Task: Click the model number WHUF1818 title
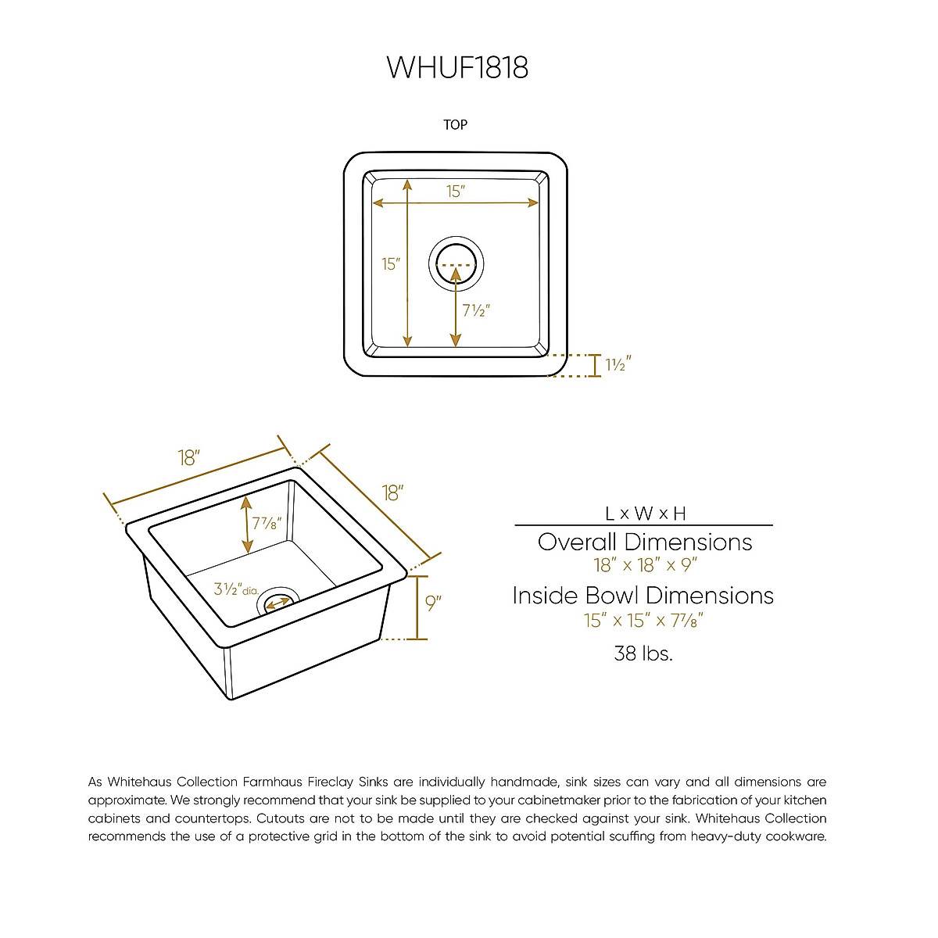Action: [x=457, y=67]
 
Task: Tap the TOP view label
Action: [x=455, y=125]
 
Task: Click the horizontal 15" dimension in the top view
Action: [x=456, y=192]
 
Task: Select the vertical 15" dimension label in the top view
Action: [x=391, y=264]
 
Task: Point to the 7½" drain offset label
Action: [x=475, y=310]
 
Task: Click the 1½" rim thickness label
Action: [x=618, y=364]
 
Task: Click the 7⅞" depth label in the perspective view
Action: [x=266, y=523]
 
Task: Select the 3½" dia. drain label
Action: [x=235, y=589]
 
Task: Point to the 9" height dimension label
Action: [x=433, y=603]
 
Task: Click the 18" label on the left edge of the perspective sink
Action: [x=189, y=458]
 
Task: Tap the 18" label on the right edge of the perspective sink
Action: [x=392, y=493]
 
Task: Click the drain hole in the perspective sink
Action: [x=280, y=602]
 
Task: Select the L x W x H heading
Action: [x=645, y=514]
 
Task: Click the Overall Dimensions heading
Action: [x=645, y=542]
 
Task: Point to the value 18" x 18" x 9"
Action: [x=645, y=565]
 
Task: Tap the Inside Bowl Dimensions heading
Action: [x=643, y=596]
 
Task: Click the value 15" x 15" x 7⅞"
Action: [x=643, y=621]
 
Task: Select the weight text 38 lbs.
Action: [x=643, y=653]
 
